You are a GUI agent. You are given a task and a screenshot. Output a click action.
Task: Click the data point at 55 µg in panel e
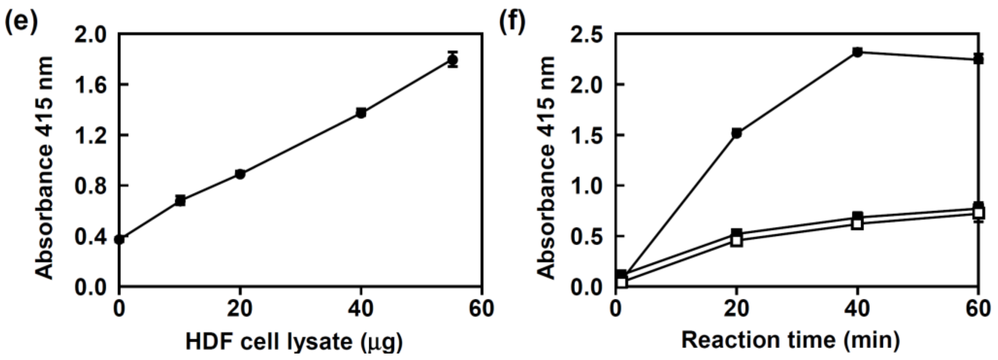(452, 60)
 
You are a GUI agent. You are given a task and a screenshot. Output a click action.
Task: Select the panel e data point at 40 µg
(361, 113)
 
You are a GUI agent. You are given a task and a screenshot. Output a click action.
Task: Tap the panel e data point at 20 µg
(240, 174)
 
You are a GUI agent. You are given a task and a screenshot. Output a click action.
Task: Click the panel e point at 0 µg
(120, 239)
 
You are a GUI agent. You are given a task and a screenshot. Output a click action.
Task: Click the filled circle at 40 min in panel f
(857, 52)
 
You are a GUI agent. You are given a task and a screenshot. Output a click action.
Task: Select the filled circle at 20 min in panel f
(736, 133)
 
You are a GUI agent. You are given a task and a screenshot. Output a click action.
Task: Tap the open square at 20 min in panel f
(736, 241)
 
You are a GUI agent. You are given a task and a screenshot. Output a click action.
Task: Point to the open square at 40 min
(857, 224)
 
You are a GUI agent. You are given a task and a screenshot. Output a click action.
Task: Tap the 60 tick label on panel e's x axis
(481, 309)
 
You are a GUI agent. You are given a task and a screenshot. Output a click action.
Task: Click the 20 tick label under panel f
(736, 309)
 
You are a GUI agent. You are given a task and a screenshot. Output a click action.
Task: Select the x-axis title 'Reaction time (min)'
(790, 340)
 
